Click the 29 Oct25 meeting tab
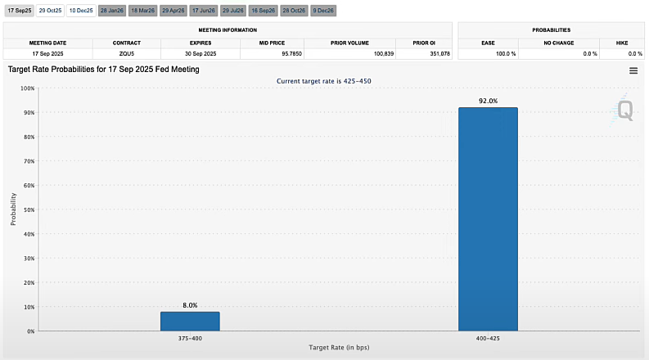pos(50,11)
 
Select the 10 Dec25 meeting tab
pos(81,11)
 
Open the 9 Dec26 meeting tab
pos(323,11)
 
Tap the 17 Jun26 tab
pos(202,11)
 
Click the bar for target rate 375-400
pos(190,321)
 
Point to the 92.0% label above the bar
pos(488,101)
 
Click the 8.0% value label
pos(190,305)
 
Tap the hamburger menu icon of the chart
pos(633,71)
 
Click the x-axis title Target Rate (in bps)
pos(339,348)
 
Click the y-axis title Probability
pos(12,209)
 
